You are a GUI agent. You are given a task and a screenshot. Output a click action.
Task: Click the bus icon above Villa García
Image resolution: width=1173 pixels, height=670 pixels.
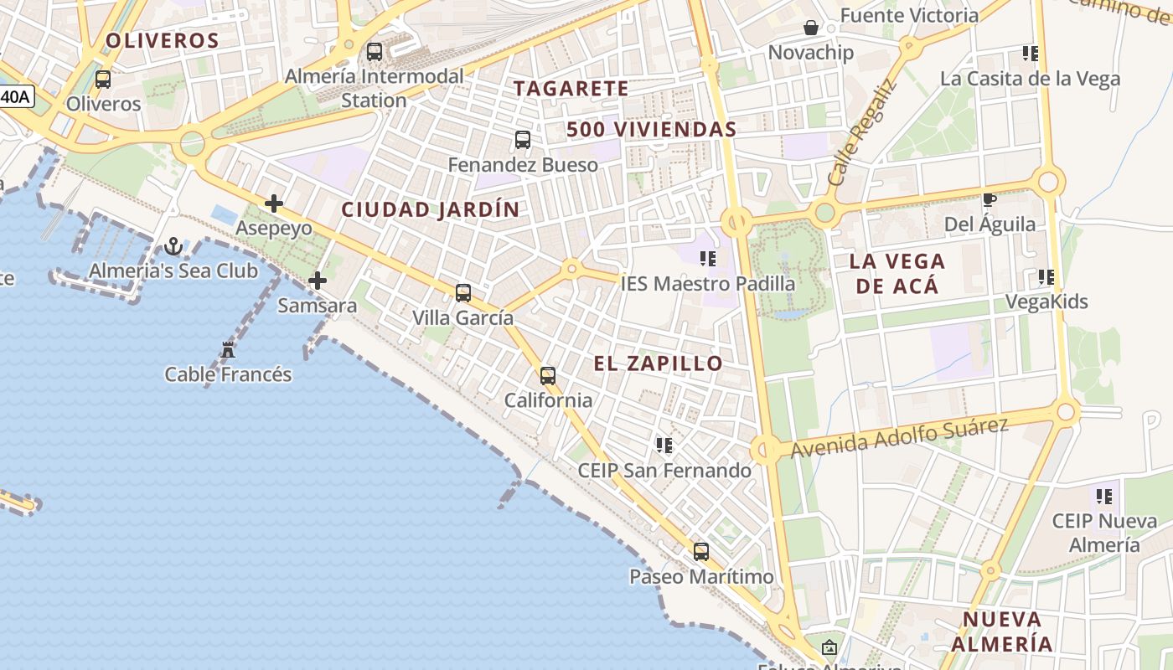tap(463, 293)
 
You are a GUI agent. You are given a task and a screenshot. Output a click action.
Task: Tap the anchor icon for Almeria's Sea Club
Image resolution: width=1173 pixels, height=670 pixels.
tap(173, 246)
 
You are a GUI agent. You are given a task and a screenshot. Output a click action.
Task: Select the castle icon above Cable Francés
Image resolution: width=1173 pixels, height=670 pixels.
tap(228, 349)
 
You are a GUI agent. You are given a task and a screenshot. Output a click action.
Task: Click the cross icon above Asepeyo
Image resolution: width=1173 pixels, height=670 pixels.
tap(274, 204)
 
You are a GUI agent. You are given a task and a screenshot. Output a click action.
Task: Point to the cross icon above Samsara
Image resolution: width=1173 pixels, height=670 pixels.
tap(318, 281)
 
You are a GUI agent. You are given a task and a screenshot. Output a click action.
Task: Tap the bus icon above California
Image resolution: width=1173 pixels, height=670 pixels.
tap(548, 376)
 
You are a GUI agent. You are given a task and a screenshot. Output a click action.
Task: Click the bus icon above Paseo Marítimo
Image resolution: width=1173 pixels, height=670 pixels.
tap(701, 552)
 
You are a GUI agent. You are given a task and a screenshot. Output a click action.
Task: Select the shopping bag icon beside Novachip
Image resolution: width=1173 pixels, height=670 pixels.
tap(811, 28)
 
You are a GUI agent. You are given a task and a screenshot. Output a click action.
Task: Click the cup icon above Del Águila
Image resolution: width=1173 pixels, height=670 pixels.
tap(990, 199)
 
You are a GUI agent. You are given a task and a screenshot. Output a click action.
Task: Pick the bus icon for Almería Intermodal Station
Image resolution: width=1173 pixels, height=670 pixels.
tap(375, 52)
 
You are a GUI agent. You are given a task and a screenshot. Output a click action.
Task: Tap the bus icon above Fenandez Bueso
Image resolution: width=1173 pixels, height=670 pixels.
tap(523, 140)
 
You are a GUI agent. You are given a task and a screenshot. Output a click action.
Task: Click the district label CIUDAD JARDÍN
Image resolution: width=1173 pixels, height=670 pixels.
tap(431, 210)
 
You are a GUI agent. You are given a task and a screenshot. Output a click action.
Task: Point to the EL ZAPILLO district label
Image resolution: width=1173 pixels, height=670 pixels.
tap(659, 363)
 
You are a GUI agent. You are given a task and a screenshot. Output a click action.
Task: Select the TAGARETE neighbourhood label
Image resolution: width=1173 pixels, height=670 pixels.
tap(571, 88)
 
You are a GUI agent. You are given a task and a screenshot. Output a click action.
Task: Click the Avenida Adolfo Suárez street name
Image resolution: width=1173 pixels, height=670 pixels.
tap(899, 437)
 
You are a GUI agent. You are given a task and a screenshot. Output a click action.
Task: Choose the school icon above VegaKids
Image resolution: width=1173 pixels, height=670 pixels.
tap(1046, 277)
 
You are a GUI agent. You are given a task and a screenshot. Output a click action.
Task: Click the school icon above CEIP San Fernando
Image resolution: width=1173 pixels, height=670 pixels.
tap(664, 446)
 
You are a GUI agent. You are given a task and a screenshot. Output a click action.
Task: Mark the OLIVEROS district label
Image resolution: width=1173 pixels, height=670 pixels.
tap(163, 40)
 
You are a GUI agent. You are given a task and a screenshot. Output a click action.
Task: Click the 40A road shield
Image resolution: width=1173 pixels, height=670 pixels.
tap(15, 96)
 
